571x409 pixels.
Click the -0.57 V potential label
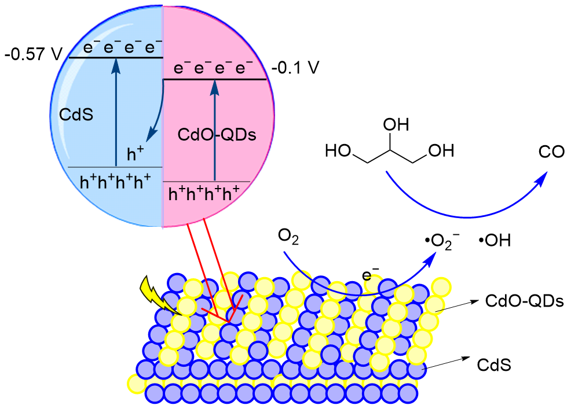[x=33, y=55]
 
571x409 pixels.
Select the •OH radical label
[x=495, y=240]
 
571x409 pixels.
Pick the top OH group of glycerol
[x=396, y=124]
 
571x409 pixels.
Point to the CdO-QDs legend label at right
[x=524, y=301]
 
